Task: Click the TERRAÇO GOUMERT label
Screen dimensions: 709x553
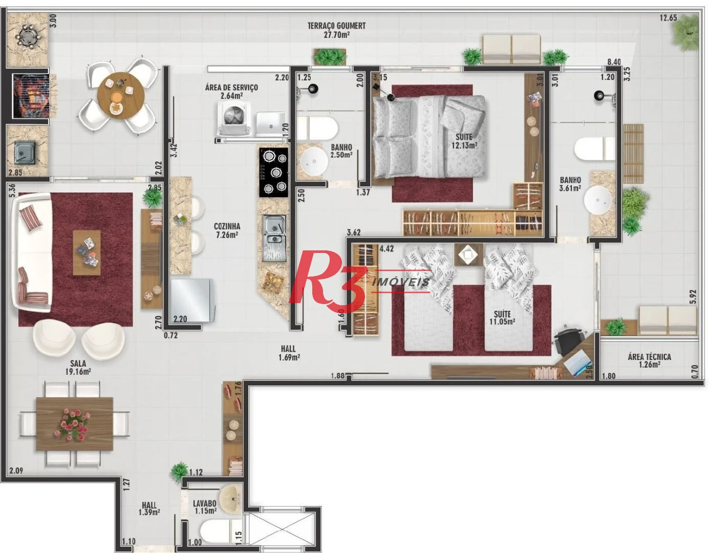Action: [x=336, y=26]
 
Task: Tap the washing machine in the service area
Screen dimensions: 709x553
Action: [x=234, y=118]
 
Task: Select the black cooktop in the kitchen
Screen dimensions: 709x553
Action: [x=274, y=173]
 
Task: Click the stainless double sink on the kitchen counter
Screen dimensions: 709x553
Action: [x=274, y=238]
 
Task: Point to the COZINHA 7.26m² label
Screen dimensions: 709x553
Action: [x=227, y=230]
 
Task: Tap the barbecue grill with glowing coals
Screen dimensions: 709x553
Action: [x=30, y=96]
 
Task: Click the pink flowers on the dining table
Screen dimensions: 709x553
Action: [x=74, y=424]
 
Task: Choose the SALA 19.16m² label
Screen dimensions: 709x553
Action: [x=78, y=367]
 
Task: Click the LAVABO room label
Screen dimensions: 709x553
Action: [x=205, y=503]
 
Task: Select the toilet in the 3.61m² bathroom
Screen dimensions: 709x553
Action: [x=595, y=149]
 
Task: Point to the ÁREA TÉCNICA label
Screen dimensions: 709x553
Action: [x=649, y=356]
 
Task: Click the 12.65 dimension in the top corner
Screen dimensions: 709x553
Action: [x=669, y=17]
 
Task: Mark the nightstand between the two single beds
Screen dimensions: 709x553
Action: [x=468, y=254]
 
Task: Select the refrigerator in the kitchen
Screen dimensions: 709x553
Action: [x=192, y=300]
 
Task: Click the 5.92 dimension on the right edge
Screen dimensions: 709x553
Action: [x=693, y=296]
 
